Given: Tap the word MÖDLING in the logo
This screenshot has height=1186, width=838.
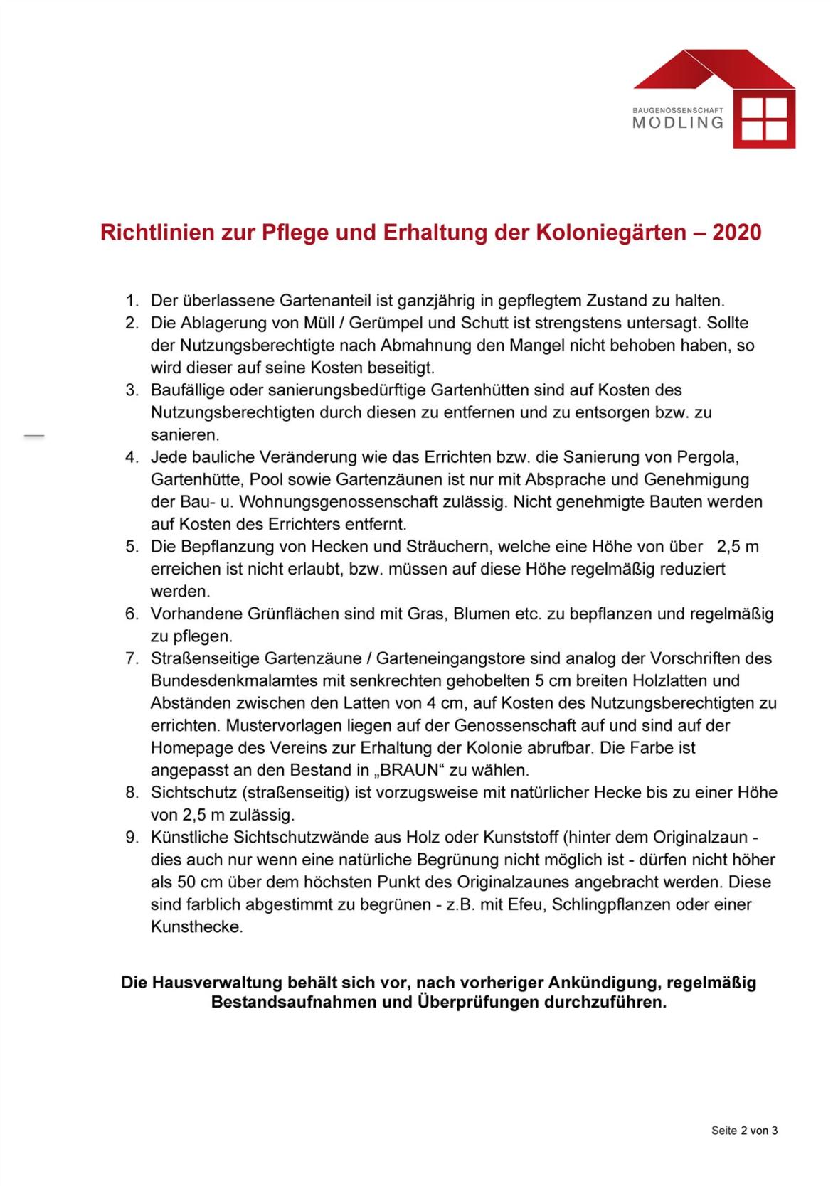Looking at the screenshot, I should [677, 122].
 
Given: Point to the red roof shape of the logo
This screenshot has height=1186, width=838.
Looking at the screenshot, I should [711, 70].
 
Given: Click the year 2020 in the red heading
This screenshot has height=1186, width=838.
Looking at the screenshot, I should [736, 233].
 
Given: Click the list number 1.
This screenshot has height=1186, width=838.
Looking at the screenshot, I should [131, 301].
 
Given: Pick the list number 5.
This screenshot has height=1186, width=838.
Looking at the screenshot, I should [131, 547].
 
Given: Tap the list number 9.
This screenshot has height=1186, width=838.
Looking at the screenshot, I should [131, 838].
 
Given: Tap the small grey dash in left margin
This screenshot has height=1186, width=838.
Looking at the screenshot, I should [33, 435].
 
